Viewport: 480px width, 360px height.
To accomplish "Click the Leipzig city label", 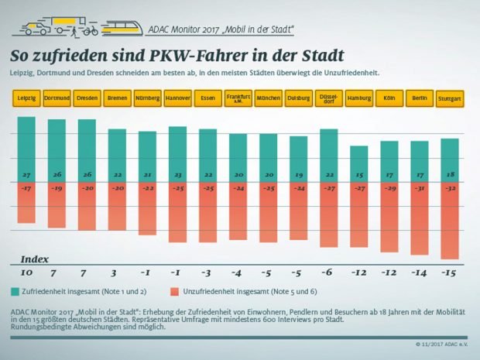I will click(x=27, y=99).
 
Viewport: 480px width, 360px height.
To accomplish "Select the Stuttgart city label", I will click(x=449, y=100).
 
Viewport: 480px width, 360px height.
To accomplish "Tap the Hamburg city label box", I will click(x=359, y=99).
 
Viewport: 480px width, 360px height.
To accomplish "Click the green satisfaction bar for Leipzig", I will click(x=27, y=147).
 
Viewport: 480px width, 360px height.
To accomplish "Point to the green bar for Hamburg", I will click(x=359, y=163).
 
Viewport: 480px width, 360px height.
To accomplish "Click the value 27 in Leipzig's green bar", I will click(x=27, y=175).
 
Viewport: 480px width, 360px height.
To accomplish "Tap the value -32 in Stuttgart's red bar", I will click(x=449, y=188).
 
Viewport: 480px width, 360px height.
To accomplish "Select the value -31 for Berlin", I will click(x=420, y=188).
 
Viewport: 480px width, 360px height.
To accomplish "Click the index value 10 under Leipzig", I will click(x=27, y=273).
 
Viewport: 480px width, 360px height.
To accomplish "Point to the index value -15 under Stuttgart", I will click(x=449, y=273).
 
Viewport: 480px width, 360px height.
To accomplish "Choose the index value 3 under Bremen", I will click(x=114, y=273).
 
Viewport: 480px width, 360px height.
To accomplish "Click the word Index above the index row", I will click(x=34, y=258).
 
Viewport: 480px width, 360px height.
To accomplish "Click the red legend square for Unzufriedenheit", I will click(x=176, y=290).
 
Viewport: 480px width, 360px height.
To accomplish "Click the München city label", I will click(x=268, y=99).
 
